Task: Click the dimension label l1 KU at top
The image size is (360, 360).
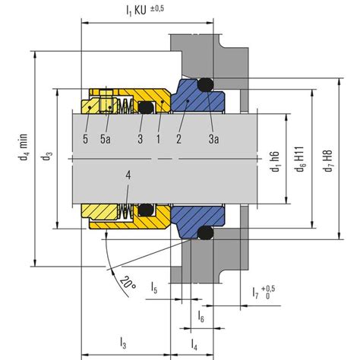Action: (136, 11)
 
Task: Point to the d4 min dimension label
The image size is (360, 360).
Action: (23, 147)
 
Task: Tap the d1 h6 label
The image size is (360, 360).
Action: (275, 161)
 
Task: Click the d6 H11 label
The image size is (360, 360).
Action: (300, 159)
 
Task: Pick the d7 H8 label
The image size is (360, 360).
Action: (328, 161)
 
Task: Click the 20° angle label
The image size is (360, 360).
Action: (128, 283)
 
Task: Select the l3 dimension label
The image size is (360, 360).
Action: (123, 343)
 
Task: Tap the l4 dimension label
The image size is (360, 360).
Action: (194, 345)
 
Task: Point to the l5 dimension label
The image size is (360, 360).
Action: (154, 287)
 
